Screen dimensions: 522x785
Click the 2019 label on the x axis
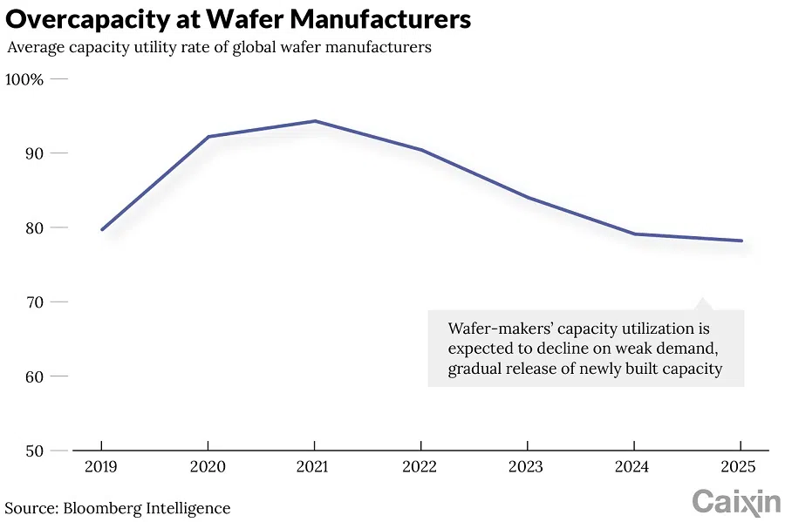[x=101, y=467]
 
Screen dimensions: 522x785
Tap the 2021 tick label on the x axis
[x=314, y=467]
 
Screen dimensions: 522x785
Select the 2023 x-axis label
[x=526, y=467]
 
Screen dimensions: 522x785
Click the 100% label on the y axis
[x=24, y=79]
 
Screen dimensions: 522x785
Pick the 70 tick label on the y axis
[x=35, y=302]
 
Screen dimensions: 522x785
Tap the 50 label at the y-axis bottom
[x=35, y=451]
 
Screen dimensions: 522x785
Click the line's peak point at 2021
[x=315, y=121]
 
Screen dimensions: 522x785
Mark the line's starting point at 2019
[x=102, y=229]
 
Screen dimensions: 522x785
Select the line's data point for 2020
[x=208, y=137]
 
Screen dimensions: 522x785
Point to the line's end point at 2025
[x=741, y=241]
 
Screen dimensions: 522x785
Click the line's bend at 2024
[x=634, y=234]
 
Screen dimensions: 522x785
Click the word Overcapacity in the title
[x=85, y=18]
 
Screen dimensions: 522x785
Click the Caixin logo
[x=736, y=502]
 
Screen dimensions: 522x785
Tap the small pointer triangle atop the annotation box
[x=702, y=304]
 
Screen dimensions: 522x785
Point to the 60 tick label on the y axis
[x=35, y=376]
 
